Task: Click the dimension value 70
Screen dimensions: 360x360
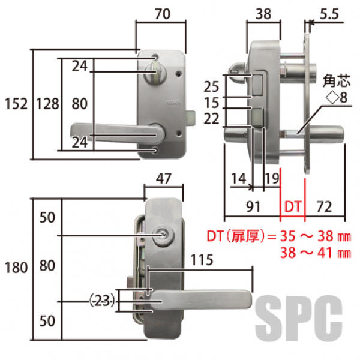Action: tap(163, 14)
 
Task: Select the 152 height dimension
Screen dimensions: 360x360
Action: tap(16, 104)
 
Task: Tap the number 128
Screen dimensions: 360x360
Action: tap(48, 104)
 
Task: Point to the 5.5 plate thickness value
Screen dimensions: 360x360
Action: tap(329, 14)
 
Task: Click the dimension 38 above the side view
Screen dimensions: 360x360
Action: tap(263, 14)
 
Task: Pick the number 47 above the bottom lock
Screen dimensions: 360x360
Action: tap(163, 178)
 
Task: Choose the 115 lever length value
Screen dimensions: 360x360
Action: tap(202, 260)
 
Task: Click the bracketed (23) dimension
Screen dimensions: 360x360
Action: tap(102, 301)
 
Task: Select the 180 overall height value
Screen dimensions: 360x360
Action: tap(16, 268)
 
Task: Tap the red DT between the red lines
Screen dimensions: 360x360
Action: tap(293, 206)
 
